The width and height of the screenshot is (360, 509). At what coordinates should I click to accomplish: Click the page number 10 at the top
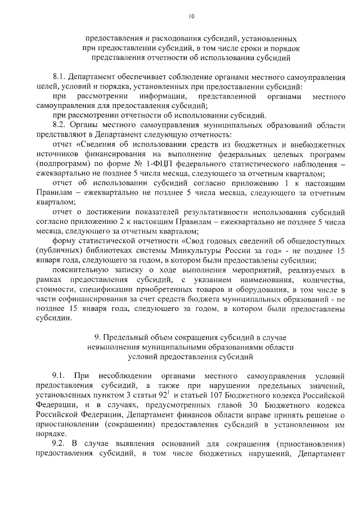click(x=192, y=17)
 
